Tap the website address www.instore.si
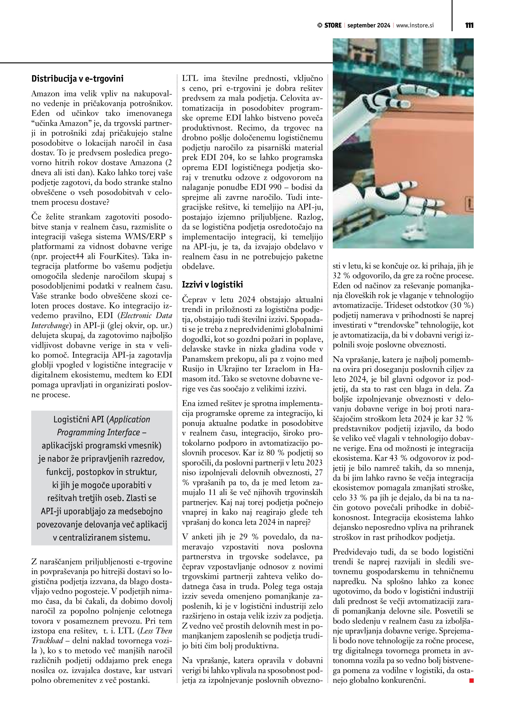415,25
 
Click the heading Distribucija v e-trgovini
77,79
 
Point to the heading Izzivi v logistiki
212,285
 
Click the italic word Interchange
50,326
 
